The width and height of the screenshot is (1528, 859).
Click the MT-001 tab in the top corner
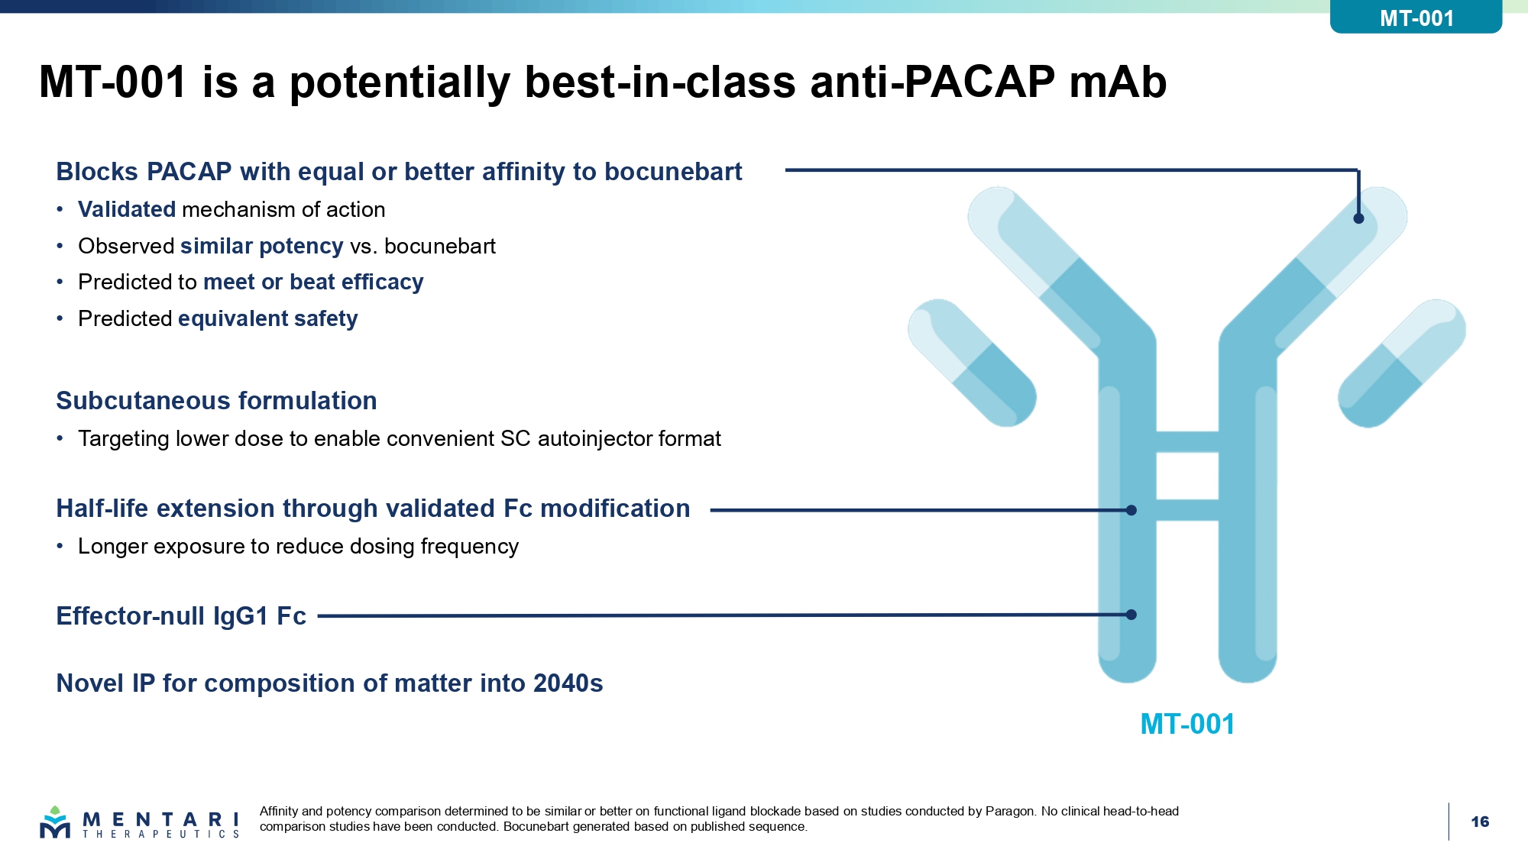pyautogui.click(x=1416, y=17)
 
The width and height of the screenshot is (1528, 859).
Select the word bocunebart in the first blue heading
pyautogui.click(x=673, y=172)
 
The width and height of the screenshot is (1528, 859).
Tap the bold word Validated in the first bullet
pyautogui.click(x=127, y=209)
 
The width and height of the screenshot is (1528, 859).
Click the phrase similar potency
pyautogui.click(x=261, y=247)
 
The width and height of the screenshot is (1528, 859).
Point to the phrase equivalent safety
pyautogui.click(x=267, y=318)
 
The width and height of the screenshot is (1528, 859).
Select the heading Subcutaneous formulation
pyautogui.click(x=216, y=401)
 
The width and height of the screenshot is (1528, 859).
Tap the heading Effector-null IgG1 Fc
pyautogui.click(x=181, y=616)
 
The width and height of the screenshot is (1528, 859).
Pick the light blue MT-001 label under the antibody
pyautogui.click(x=1187, y=724)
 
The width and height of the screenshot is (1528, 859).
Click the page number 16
pyautogui.click(x=1480, y=822)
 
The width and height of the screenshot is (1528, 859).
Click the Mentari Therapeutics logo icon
pyautogui.click(x=55, y=822)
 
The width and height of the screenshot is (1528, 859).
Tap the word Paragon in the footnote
pyautogui.click(x=1010, y=812)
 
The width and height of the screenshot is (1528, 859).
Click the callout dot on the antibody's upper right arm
pyautogui.click(x=1358, y=218)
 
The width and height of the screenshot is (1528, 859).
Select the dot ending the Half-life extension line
pyautogui.click(x=1131, y=510)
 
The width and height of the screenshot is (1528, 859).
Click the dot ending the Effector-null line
pyautogui.click(x=1131, y=615)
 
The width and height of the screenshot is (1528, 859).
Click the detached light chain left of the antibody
pyautogui.click(x=972, y=363)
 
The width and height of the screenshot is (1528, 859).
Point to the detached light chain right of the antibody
pyautogui.click(x=1402, y=363)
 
